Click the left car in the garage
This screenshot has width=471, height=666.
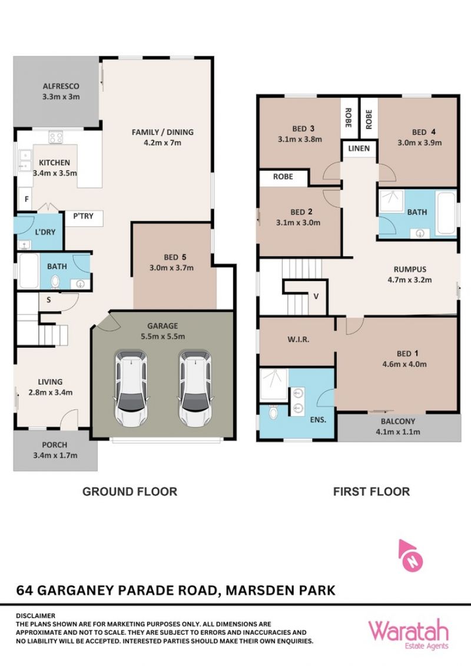pos(132,388)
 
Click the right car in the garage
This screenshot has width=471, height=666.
pos(195,388)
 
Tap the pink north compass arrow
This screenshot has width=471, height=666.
pos(410,555)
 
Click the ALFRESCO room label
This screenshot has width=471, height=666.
pos(61,86)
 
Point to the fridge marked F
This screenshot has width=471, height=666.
pos(26,199)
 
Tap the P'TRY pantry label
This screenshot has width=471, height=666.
pos(83,216)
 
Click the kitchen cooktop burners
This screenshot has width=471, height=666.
pos(56,137)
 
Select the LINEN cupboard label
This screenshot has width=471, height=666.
pos(359,148)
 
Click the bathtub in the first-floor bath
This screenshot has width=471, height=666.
pos(446,213)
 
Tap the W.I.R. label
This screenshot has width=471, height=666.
pos(298,339)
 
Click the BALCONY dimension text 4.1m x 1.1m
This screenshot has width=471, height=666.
pos(398,432)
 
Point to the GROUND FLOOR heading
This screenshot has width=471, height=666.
pos(130,491)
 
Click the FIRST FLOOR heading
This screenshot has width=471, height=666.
pos(372,491)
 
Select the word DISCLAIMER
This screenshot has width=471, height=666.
pos(36,615)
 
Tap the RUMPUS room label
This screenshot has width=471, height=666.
pos(410,269)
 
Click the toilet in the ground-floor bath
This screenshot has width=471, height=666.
pos(55,282)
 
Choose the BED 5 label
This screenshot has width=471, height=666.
pos(175,257)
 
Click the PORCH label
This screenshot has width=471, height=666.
pos(55,445)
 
